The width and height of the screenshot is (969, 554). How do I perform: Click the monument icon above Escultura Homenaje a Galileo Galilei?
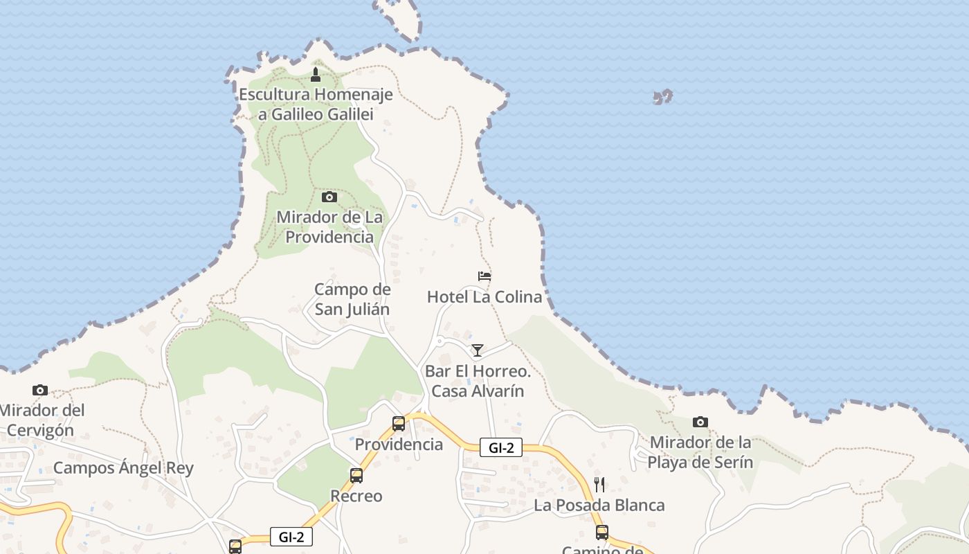point(316,74)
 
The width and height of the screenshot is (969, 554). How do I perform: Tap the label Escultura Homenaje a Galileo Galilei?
point(316,105)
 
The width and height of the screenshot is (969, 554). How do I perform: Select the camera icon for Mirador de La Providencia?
point(329,197)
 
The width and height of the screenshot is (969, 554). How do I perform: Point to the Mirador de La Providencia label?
point(329,227)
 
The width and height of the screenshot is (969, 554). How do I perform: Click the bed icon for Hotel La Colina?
point(484,276)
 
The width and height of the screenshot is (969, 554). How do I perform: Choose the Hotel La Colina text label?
point(484,297)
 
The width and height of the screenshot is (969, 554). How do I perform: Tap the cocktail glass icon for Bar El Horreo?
point(478,350)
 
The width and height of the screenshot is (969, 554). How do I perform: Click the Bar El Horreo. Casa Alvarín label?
point(478,382)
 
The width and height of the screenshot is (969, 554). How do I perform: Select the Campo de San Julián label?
point(352,299)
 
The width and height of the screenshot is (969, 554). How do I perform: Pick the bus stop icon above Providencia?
point(399,423)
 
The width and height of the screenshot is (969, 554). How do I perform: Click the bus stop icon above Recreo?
point(356,475)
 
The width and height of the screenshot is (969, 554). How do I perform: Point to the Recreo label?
point(356,496)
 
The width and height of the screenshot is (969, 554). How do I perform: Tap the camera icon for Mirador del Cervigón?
point(40,390)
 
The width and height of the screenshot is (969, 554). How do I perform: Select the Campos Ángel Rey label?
point(123,467)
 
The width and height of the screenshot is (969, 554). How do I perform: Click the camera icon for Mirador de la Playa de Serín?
point(700,422)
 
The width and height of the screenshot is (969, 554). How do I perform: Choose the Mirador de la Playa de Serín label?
point(700,452)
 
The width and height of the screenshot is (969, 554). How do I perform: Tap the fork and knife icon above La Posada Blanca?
point(599,484)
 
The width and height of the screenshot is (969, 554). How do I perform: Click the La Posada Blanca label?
point(599,506)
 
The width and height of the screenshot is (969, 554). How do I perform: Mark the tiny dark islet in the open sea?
point(663,97)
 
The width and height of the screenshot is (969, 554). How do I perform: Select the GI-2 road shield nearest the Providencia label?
point(501,447)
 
